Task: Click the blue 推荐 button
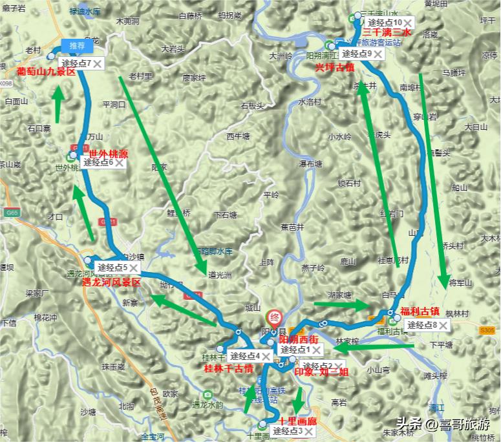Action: click(77, 46)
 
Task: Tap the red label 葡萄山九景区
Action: click(47, 72)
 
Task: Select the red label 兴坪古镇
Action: click(334, 67)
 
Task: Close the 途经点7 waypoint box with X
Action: click(99, 63)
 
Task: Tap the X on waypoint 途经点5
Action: click(134, 267)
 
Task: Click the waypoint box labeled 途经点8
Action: click(422, 325)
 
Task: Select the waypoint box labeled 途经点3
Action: click(288, 431)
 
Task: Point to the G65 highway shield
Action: click(10, 193)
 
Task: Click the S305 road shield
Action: click(487, 330)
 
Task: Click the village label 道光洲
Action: click(220, 274)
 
